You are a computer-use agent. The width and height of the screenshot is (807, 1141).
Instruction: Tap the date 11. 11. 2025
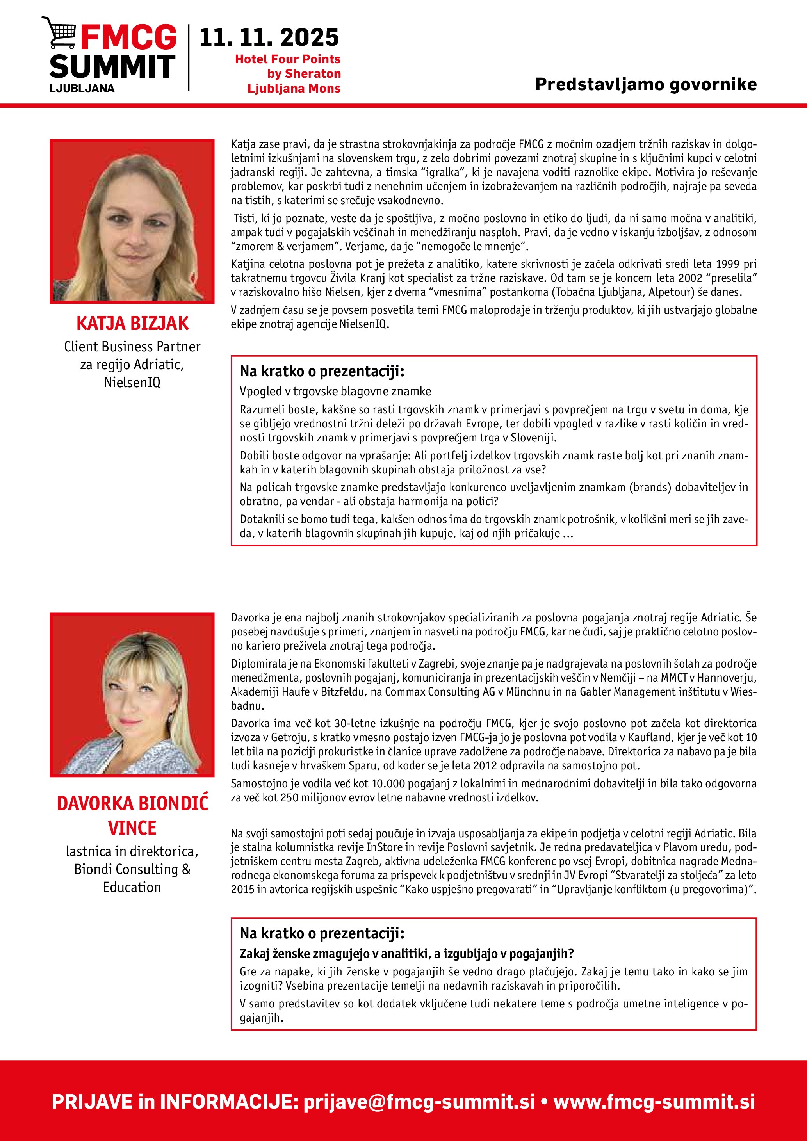pyautogui.click(x=269, y=38)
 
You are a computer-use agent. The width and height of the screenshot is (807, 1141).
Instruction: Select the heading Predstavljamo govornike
pyautogui.click(x=645, y=84)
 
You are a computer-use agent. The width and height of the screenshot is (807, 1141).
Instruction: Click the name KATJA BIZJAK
pyautogui.click(x=132, y=324)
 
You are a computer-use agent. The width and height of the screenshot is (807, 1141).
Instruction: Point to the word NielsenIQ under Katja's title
pyautogui.click(x=132, y=382)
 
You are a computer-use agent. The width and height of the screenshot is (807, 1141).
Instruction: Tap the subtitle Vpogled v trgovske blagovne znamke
pyautogui.click(x=335, y=391)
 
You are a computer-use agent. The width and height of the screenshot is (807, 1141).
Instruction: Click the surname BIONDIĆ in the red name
pyautogui.click(x=173, y=804)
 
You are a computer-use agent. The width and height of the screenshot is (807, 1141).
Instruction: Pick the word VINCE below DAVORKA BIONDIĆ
pyautogui.click(x=132, y=828)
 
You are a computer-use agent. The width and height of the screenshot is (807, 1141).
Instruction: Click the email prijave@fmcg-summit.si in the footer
pyautogui.click(x=419, y=1102)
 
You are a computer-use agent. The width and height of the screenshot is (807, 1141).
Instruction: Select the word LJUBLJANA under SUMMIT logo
pyautogui.click(x=82, y=89)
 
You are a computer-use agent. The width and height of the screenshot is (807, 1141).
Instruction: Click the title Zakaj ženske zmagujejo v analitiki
pyautogui.click(x=406, y=954)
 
